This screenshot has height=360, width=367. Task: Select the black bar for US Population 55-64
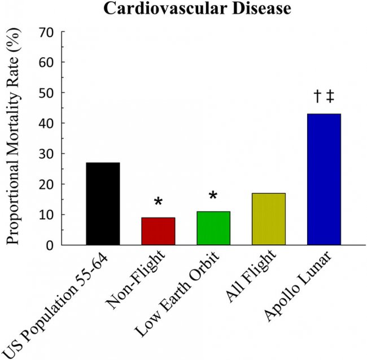pos(103,203)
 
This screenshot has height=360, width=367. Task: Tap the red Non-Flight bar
pos(158,231)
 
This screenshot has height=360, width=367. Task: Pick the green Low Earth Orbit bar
pos(213,228)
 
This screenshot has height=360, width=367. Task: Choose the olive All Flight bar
pos(268,219)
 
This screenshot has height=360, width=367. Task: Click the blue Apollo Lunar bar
pos(324,179)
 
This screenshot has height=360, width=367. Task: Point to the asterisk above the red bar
pos(158,202)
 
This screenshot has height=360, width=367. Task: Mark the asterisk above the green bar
pos(213,197)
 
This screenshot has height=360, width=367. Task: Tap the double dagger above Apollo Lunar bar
pos(330,97)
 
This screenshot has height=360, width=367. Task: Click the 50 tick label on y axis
pos(47,93)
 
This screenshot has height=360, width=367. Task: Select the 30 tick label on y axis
pos(47,154)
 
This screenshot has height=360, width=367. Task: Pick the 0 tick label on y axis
pos(51,245)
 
